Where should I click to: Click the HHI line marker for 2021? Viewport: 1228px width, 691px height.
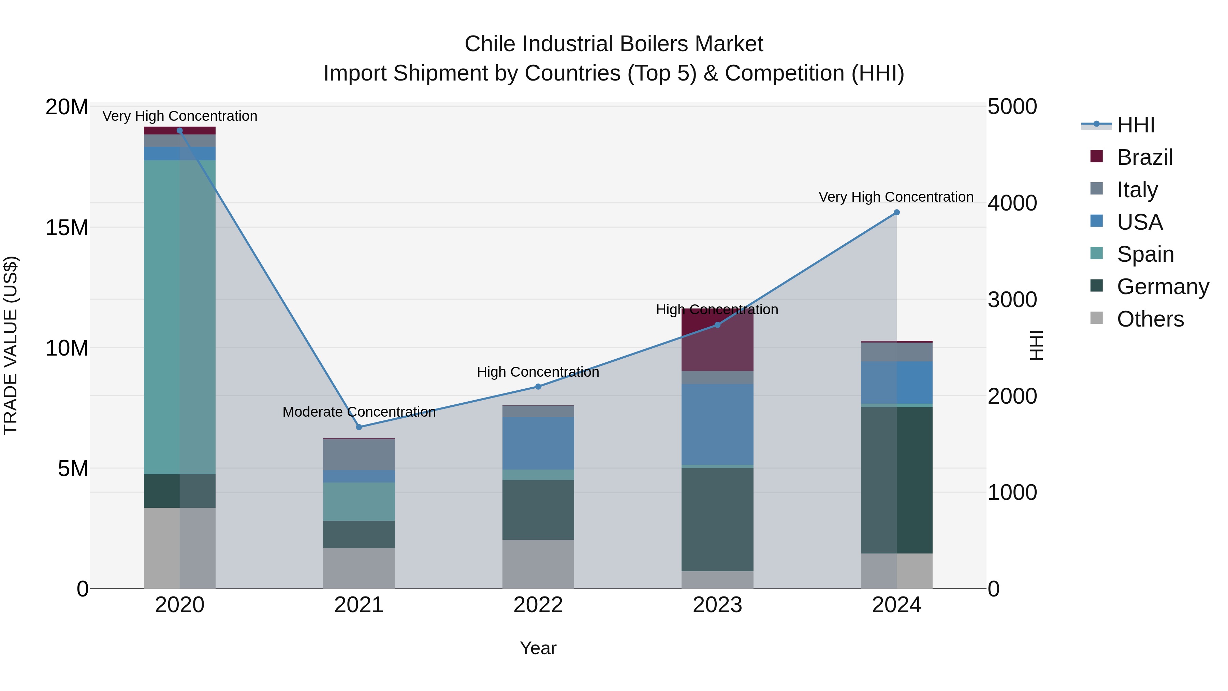pos(359,427)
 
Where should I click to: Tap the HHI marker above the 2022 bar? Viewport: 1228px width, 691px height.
pos(538,387)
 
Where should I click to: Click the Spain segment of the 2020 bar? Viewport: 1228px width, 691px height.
pos(180,317)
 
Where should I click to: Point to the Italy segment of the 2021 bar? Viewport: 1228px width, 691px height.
pos(359,455)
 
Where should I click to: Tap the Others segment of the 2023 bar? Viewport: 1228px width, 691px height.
pos(717,579)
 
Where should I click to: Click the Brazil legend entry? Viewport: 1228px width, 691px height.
pos(1144,157)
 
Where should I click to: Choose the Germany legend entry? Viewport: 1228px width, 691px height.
pos(1162,287)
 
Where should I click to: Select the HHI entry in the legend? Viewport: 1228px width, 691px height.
pos(1136,125)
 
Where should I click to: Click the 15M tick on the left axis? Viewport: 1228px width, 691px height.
pos(67,228)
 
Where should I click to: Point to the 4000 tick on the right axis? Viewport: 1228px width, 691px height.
pos(1012,203)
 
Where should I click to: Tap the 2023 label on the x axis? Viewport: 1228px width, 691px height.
pos(717,605)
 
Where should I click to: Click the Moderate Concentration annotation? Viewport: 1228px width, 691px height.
pos(359,412)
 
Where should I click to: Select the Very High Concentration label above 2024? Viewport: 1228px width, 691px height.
pos(896,197)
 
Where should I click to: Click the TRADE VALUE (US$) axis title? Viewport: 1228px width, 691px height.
pos(11,345)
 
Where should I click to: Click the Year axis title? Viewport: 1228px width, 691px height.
pos(538,648)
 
